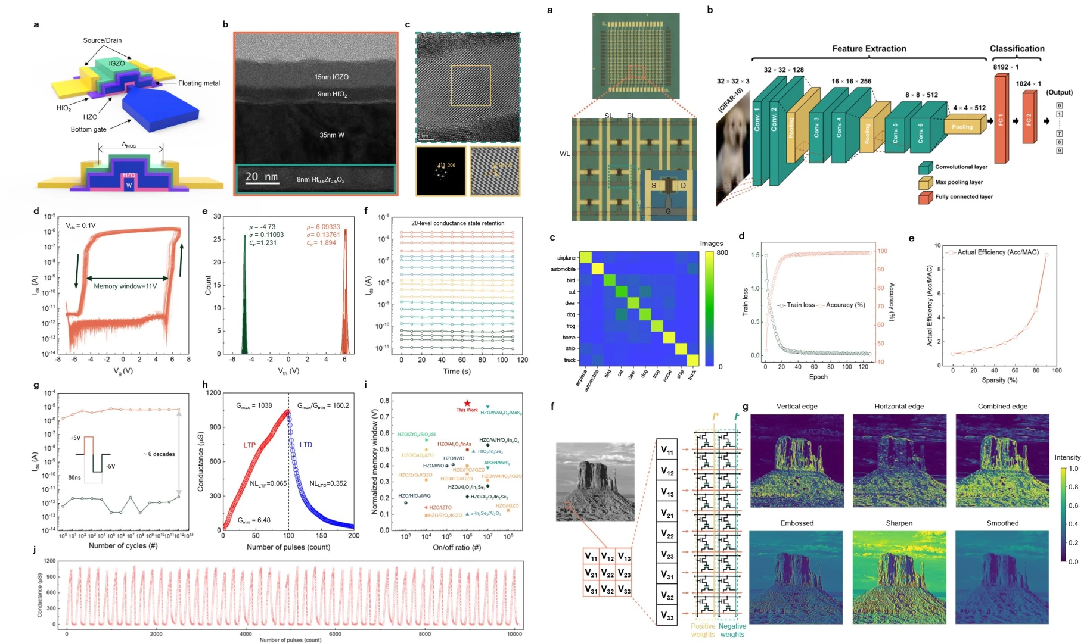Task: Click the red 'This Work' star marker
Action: (467, 403)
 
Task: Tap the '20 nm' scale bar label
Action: (262, 177)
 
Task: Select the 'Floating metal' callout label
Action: (199, 83)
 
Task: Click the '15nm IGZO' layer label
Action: (331, 77)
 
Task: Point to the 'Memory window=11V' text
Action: (125, 286)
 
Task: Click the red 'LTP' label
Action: (249, 445)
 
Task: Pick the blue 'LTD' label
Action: (306, 445)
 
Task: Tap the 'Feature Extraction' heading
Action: (869, 49)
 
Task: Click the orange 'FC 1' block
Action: (1001, 119)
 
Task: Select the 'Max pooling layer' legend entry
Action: (958, 182)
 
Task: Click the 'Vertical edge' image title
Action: (797, 407)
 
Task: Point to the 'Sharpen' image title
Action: (899, 523)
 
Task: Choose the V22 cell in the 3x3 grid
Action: (607, 573)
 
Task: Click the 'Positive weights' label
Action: (703, 630)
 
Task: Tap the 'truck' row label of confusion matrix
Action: (570, 360)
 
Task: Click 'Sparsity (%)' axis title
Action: (999, 380)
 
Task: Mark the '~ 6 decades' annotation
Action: (159, 454)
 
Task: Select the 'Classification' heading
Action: (1017, 49)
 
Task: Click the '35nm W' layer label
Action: (331, 135)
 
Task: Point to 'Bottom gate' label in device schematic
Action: (88, 129)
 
